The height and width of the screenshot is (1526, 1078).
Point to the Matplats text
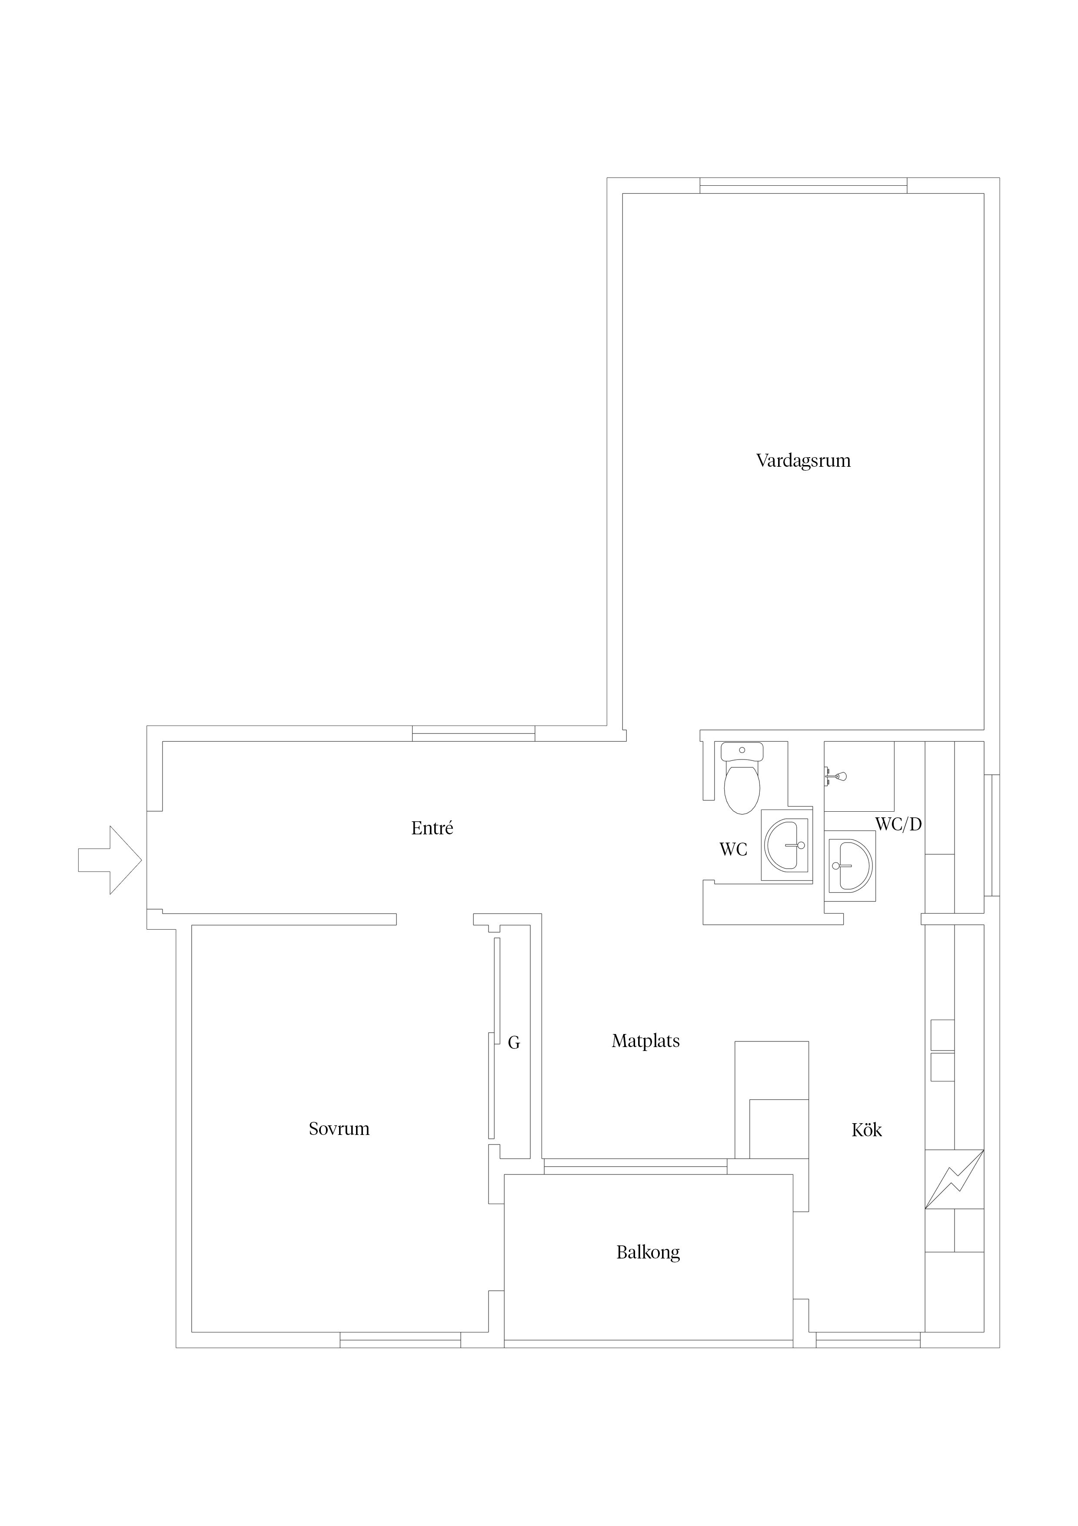645,1041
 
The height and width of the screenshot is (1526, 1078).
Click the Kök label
867,1130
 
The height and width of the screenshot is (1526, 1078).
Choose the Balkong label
648,1253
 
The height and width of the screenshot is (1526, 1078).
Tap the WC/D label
898,824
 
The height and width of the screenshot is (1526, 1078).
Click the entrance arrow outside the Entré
110,860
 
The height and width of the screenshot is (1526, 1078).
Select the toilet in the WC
742,778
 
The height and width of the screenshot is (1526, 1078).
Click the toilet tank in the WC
742,752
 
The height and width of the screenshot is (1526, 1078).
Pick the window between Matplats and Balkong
635,1163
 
